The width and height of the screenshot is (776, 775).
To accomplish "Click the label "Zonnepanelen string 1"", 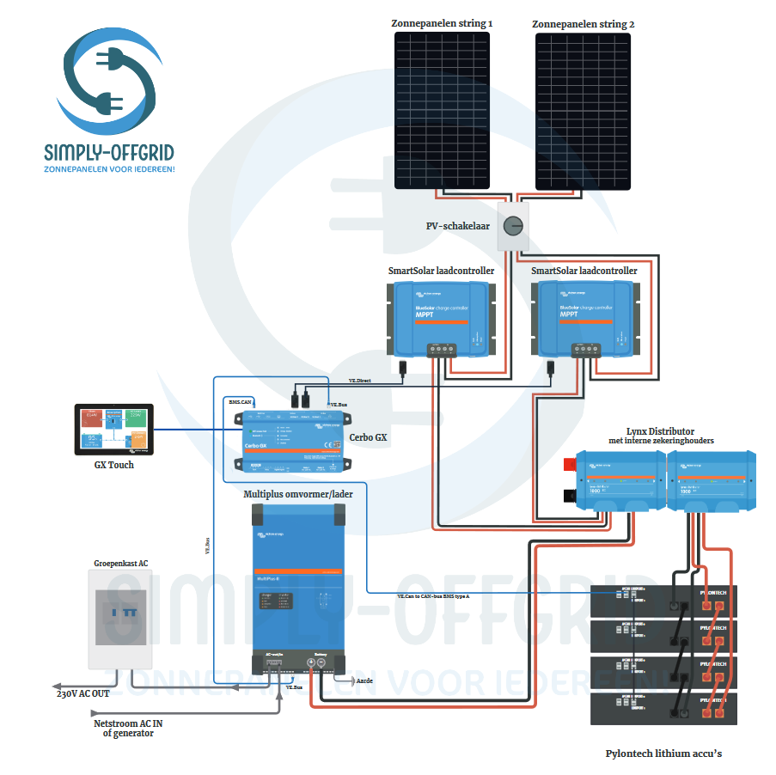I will point(442,24).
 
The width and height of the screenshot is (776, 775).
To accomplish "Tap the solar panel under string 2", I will point(584,112).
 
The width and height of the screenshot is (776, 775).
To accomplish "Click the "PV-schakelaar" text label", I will point(458,227).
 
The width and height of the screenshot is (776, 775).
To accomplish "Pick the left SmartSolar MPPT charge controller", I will point(441,320).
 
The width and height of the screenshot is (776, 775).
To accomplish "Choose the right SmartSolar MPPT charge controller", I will point(585,320).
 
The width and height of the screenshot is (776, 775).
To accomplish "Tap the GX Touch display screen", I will point(113,430).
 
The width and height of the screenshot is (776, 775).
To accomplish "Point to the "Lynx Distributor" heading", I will point(661,430).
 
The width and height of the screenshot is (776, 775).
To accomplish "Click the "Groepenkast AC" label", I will point(120,564).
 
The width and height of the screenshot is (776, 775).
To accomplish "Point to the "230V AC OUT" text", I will point(83,693).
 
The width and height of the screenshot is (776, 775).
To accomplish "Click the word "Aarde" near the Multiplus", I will point(364,679).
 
